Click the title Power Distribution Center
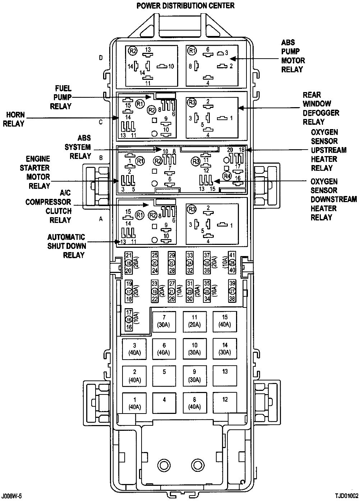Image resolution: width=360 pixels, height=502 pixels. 185,5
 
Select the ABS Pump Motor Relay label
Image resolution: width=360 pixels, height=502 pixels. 293,56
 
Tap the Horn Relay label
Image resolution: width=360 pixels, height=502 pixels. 15,119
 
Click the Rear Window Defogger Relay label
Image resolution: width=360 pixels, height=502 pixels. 321,108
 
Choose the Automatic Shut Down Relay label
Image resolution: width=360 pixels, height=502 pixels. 66,246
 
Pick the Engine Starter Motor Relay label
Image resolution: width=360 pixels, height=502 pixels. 38,172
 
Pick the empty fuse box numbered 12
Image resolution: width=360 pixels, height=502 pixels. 225,402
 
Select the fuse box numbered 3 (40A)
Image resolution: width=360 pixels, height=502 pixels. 135,349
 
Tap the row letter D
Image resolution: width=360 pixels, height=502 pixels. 101,58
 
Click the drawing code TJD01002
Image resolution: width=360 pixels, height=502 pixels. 344,496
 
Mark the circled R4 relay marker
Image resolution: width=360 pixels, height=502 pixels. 227,176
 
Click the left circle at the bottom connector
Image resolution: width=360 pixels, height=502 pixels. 164,464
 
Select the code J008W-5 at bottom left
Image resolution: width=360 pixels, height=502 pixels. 14,496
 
